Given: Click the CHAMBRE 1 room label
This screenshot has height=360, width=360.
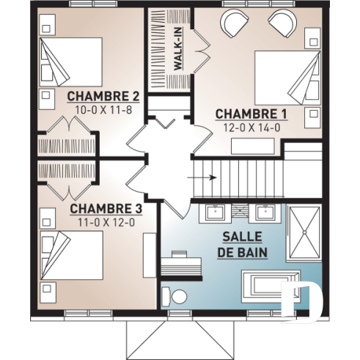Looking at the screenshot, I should click(x=251, y=114).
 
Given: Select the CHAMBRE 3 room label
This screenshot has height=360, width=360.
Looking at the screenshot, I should click(x=106, y=207).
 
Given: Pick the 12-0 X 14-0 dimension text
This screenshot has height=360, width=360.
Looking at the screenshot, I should click(x=251, y=127).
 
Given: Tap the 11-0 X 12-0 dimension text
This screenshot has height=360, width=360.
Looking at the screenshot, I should click(x=106, y=221).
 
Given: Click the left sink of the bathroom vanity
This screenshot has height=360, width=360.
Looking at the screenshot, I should click(x=217, y=215).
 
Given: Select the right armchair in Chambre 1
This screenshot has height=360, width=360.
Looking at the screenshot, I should click(x=282, y=23).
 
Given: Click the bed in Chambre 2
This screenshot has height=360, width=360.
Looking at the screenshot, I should click(x=72, y=62).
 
